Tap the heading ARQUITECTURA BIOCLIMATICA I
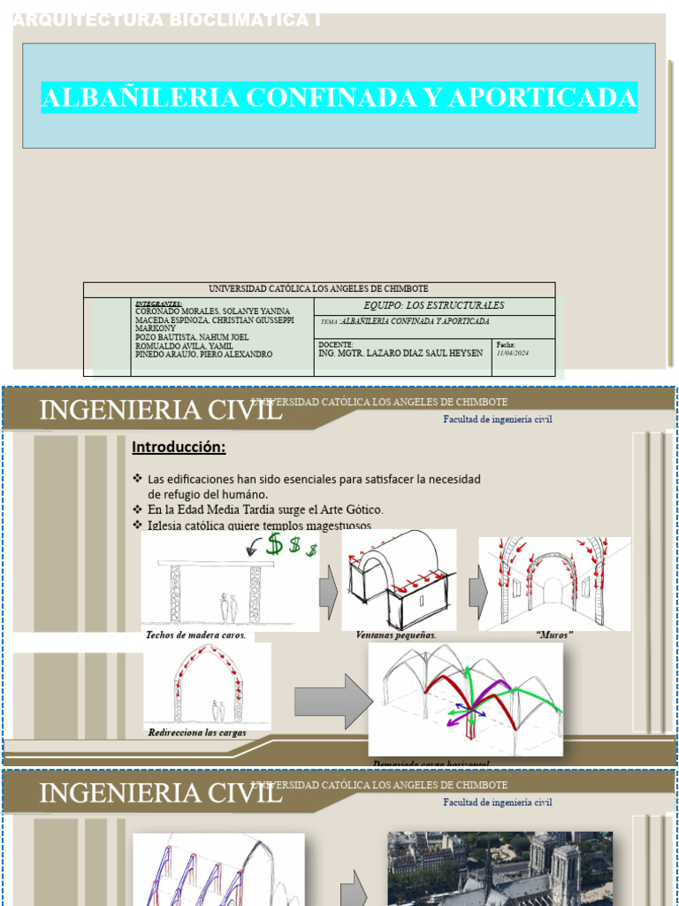coord(167,19)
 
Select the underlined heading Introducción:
coord(179,447)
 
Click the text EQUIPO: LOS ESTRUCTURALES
coord(434,305)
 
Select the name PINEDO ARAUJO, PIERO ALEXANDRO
coord(203,354)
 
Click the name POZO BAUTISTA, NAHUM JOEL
coord(192,337)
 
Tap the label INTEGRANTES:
coord(159,303)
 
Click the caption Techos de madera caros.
coord(195,635)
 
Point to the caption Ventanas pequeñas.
coord(396,635)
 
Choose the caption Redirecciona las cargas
coord(197,733)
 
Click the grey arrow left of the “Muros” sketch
coord(478,587)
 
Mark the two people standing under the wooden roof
coord(228,609)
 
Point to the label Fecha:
coord(506,344)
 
